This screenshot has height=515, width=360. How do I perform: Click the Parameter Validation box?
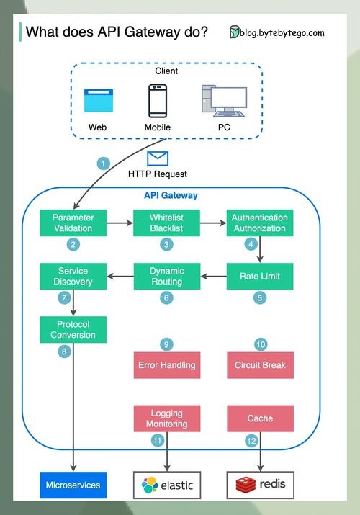click(73, 223)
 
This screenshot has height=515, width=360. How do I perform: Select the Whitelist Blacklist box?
click(167, 223)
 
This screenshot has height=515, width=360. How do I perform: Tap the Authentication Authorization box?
click(259, 223)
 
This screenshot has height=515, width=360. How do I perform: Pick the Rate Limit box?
click(259, 276)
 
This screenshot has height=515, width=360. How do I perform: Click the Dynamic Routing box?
click(167, 276)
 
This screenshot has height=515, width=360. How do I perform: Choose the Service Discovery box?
click(73, 276)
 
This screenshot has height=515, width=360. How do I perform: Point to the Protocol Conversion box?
click(73, 328)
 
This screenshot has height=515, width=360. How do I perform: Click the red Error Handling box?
click(167, 364)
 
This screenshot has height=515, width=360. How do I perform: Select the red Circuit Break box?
click(260, 364)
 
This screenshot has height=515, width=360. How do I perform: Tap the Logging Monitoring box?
click(167, 418)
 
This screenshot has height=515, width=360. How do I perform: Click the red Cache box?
click(260, 418)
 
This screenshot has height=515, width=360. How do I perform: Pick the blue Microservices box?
click(73, 485)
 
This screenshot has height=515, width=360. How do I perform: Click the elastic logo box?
click(167, 485)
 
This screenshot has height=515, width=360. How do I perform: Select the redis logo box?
click(260, 485)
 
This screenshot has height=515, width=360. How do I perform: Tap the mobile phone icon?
click(158, 101)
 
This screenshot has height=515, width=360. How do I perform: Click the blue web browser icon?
click(98, 101)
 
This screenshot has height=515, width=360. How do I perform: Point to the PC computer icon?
click(223, 100)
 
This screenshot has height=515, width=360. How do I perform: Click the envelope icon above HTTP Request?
click(157, 158)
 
